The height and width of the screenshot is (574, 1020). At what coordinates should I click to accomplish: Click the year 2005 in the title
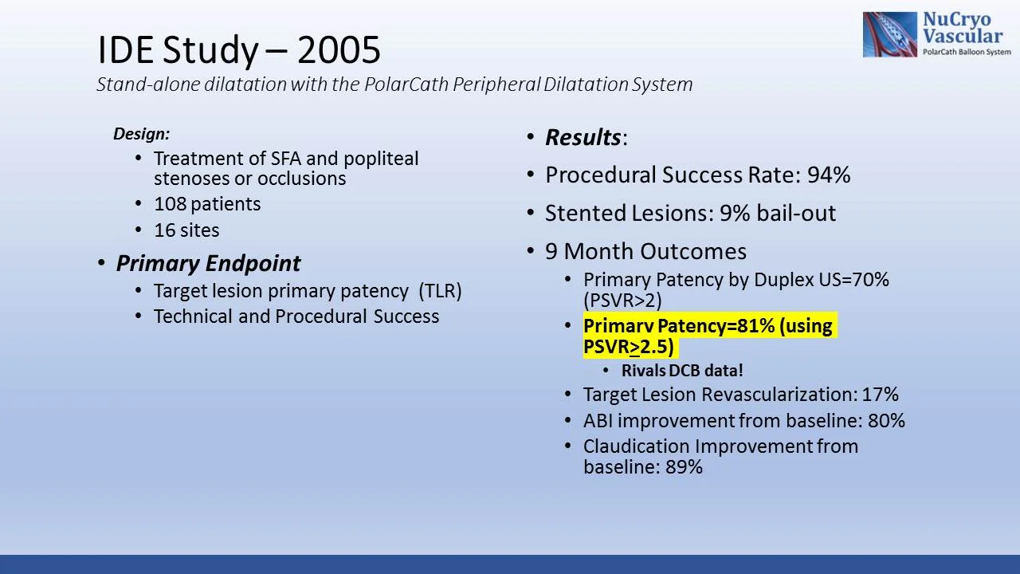coord(339,50)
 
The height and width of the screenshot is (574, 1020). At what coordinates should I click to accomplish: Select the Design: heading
coord(141,134)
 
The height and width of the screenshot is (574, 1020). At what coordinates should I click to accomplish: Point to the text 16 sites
coord(186,230)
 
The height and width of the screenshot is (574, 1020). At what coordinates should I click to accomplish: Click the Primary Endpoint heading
coord(208,264)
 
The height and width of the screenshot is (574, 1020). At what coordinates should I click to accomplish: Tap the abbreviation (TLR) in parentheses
coord(440,291)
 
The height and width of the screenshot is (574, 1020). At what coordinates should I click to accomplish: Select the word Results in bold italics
coord(583,138)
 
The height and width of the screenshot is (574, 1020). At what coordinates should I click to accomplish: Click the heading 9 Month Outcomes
coord(645,252)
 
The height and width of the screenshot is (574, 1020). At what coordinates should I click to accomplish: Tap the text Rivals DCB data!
coord(682,371)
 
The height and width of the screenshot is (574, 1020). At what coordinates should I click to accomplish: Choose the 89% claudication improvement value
coord(684,467)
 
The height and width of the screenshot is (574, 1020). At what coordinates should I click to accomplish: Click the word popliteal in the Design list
coord(381,159)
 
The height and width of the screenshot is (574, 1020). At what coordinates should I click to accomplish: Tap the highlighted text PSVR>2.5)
coord(629,347)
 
